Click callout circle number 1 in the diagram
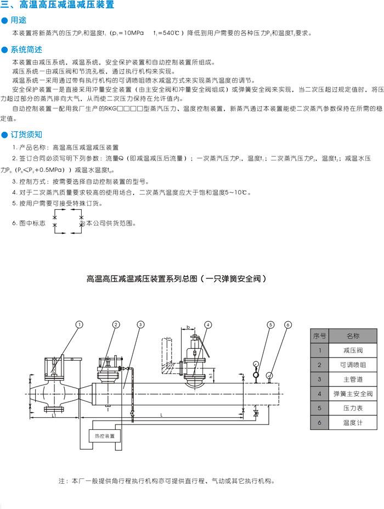80,325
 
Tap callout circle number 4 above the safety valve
208,325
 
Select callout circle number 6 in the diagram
289,325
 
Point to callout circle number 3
141,325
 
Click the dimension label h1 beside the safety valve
211,376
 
